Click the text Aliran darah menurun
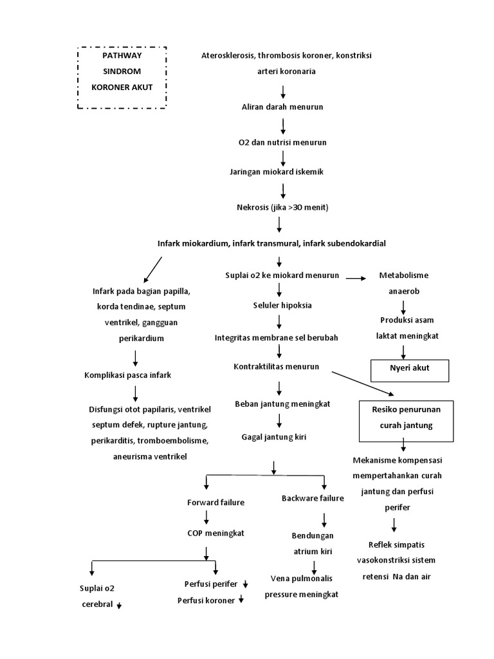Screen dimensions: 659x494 [282, 107]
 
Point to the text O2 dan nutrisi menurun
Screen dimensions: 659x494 [282, 140]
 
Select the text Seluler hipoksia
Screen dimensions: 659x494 [282, 305]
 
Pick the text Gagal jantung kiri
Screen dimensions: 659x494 [274, 437]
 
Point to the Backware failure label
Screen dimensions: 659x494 [313, 498]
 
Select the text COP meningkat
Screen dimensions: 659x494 [206, 534]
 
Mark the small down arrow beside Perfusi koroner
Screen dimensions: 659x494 [241, 600]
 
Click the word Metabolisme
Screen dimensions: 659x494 [403, 275]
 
